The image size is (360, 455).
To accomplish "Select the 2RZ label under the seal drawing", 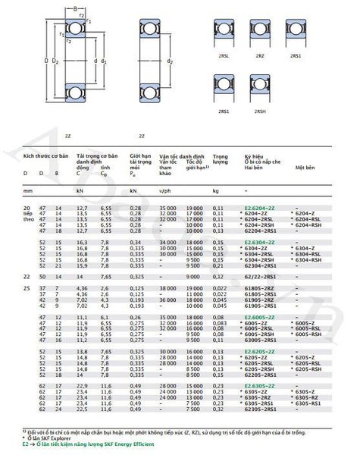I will point(260,55).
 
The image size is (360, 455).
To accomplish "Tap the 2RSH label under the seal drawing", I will point(260,112).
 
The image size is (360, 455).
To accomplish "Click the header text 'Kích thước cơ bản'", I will point(45,155).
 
